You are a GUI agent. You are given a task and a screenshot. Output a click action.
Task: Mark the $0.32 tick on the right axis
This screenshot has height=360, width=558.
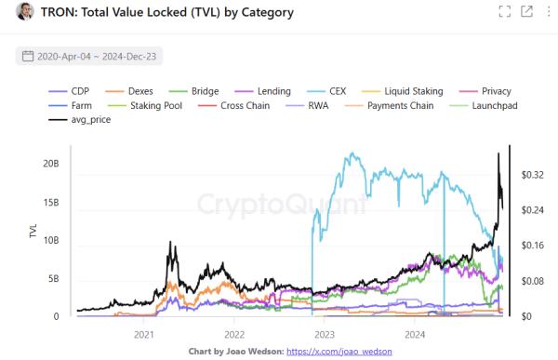click(x=533, y=175)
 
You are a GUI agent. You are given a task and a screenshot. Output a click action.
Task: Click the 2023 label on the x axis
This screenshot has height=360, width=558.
click(x=325, y=334)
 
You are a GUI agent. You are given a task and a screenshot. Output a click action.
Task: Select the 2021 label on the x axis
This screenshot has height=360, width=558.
click(x=144, y=334)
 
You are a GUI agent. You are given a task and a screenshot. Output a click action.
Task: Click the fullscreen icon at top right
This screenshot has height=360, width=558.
click(x=505, y=12)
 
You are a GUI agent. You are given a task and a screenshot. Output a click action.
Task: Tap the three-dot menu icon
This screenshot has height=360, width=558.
click(x=546, y=12)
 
